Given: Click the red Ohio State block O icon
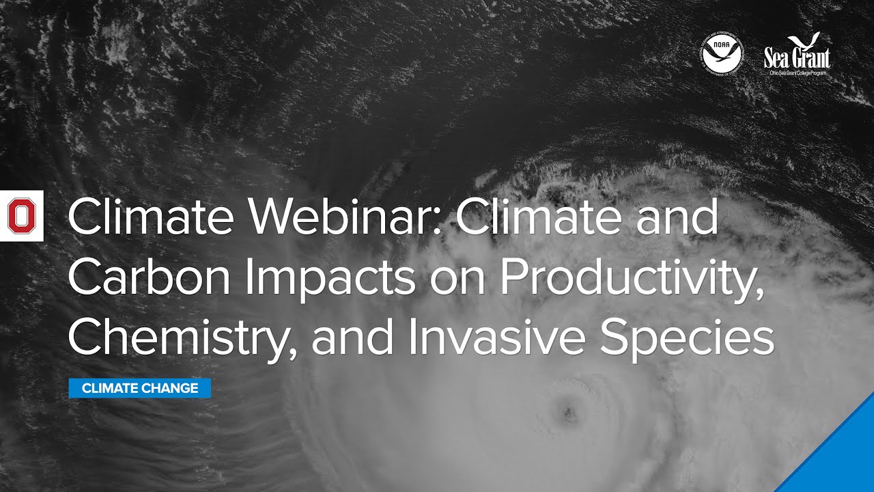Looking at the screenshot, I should [x=21, y=216].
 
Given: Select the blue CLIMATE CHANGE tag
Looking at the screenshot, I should [x=140, y=388].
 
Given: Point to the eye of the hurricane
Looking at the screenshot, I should [x=566, y=411].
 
